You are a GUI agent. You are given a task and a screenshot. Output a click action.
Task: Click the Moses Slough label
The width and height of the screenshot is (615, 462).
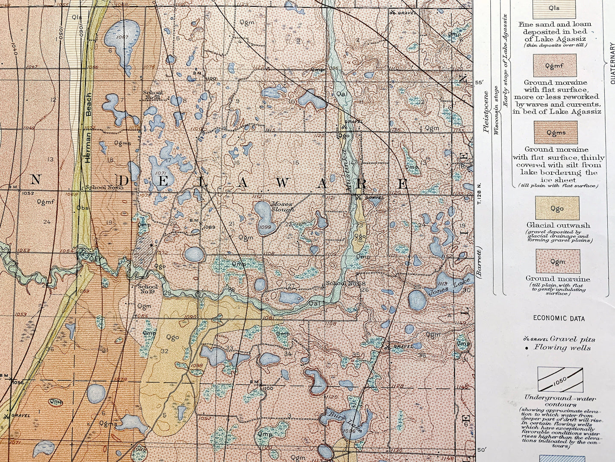283,207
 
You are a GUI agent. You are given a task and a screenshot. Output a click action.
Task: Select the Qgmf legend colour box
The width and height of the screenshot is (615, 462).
555,66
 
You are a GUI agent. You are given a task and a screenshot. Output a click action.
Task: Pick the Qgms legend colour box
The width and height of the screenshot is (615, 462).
556,133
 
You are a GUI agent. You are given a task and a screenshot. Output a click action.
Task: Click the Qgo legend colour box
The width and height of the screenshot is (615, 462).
557,208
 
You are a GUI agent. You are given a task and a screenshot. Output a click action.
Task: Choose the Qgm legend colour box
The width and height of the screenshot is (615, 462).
558,262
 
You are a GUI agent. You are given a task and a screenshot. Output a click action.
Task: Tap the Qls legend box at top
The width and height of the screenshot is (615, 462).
554,9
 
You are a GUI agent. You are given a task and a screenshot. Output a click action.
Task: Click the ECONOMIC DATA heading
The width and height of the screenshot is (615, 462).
559,318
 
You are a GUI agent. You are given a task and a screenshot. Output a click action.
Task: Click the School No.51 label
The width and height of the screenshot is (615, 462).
152,95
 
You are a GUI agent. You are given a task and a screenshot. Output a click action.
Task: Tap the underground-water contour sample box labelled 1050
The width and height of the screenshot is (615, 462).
560,380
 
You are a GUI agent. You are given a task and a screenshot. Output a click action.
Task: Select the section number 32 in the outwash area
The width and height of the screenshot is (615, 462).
165,351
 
